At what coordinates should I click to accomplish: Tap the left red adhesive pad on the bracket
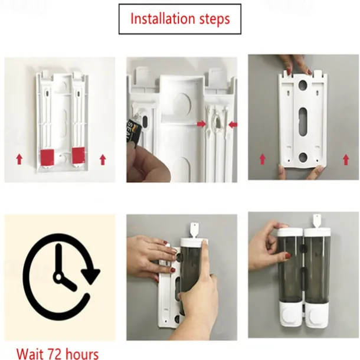coord(47,156)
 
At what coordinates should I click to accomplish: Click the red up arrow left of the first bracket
coord(19,159)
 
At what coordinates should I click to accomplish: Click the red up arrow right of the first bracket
coord(103,159)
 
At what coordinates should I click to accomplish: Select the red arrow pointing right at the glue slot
coord(201,124)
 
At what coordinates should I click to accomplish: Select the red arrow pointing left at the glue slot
coord(233,125)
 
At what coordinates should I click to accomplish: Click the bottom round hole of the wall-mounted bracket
coord(303,157)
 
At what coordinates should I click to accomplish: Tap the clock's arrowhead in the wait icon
coord(91,276)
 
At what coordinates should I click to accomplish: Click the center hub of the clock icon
coord(58,277)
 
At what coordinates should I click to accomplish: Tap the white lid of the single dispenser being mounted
coord(194,242)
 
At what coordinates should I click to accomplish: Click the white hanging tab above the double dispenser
coord(317,220)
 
